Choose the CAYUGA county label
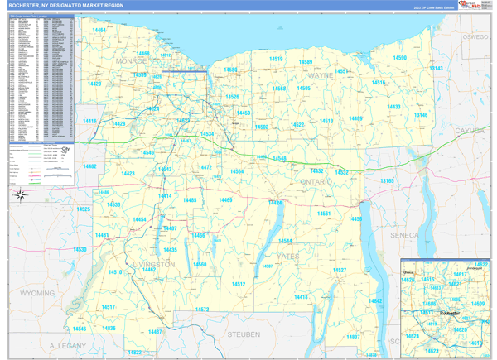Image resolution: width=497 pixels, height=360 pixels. (470, 131)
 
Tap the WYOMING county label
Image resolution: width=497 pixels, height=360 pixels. (37, 293)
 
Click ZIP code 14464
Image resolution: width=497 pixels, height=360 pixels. (100, 30)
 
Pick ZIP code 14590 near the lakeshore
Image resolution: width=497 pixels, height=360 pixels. (399, 58)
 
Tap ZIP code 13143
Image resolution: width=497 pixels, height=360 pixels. (436, 69)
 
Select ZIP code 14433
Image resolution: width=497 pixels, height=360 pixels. (393, 107)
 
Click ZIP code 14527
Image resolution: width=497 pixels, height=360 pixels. (338, 271)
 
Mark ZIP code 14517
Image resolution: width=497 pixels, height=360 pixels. (109, 307)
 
